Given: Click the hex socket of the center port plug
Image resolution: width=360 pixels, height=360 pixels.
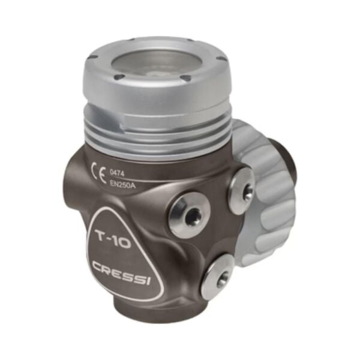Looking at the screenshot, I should tap(191, 218).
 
